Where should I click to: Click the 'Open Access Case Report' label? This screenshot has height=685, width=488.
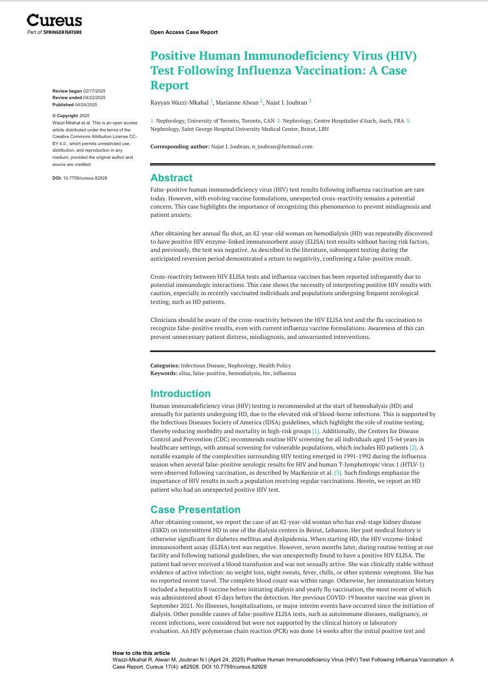(183, 32)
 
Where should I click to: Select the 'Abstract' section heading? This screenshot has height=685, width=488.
(171, 178)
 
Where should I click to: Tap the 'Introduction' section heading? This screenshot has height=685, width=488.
(180, 394)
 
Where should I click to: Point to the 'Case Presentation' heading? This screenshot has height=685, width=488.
(195, 510)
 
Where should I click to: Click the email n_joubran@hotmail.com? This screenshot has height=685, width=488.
(282, 147)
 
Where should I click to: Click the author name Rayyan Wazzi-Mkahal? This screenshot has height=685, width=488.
(179, 102)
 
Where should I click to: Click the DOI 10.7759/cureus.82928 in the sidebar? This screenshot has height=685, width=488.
(85, 178)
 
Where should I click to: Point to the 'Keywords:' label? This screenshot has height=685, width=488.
(164, 373)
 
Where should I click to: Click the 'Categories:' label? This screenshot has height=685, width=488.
(165, 366)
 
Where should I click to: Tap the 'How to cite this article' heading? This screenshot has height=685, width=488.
(141, 653)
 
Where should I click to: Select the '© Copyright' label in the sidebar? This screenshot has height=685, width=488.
(65, 116)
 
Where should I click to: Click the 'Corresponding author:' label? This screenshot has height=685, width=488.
(180, 147)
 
